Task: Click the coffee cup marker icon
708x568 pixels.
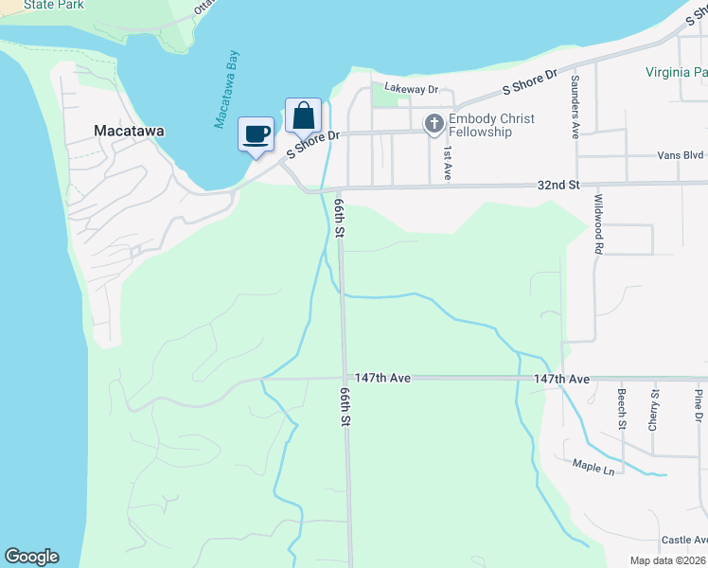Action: pos(255,133)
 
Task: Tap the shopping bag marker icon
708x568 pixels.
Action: pos(303,116)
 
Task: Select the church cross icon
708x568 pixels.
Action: pos(434,124)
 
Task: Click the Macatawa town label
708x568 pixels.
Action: pos(130,132)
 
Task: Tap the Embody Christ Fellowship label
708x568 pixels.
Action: pos(491,125)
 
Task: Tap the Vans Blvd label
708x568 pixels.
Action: pos(681,155)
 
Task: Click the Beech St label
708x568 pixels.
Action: pos(623,409)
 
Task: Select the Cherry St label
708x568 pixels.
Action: pos(654,409)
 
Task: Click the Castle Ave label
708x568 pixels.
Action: pos(683,540)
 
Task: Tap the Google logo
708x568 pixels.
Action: pos(31,557)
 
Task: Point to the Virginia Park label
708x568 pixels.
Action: pos(676,72)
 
